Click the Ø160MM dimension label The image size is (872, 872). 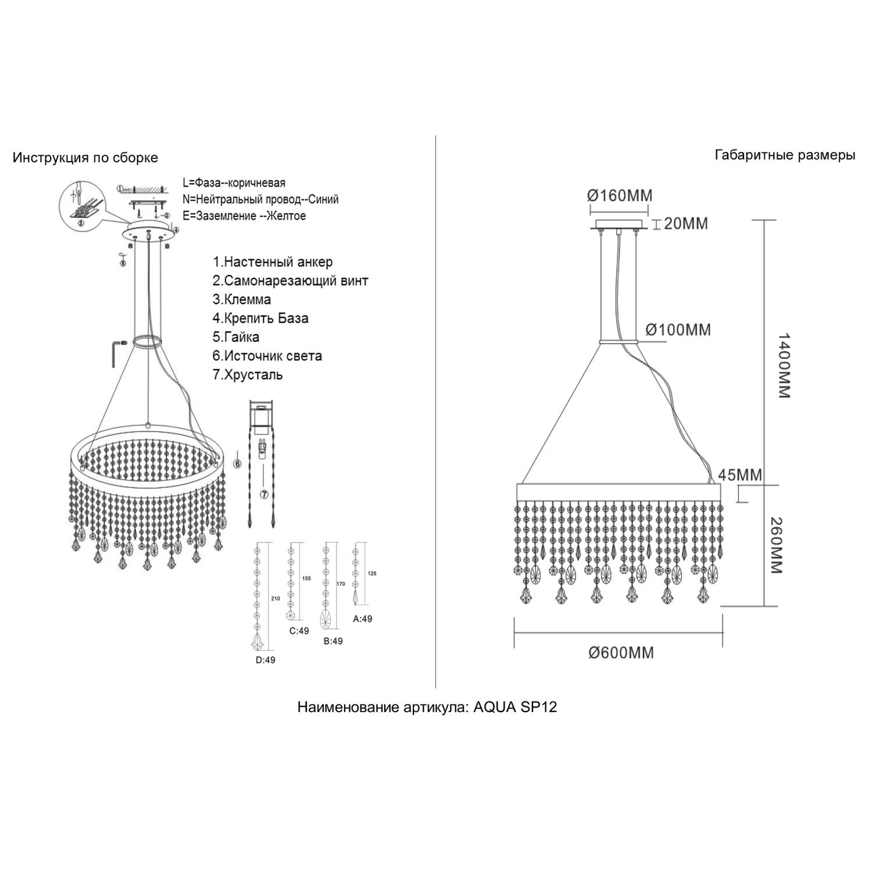(x=620, y=195)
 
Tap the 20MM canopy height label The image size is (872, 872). (x=685, y=223)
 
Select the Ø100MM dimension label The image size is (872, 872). (x=678, y=330)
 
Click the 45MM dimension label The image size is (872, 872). (x=739, y=475)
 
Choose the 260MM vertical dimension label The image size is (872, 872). (x=775, y=545)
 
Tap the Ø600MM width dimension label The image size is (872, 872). (x=621, y=653)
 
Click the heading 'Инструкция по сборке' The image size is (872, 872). (x=85, y=158)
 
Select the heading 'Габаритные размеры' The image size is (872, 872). (x=784, y=155)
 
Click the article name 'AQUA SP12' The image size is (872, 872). (x=515, y=707)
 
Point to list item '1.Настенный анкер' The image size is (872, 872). (x=273, y=262)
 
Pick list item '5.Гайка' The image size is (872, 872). (x=236, y=337)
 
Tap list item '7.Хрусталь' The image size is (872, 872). (x=248, y=375)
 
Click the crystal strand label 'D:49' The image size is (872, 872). (x=265, y=660)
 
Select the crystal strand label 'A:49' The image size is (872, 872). (x=363, y=619)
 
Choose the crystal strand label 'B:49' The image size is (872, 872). (x=333, y=641)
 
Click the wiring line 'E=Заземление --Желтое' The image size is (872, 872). (x=244, y=216)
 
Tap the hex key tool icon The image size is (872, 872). (x=116, y=352)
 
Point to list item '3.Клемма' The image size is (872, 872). (x=242, y=300)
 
